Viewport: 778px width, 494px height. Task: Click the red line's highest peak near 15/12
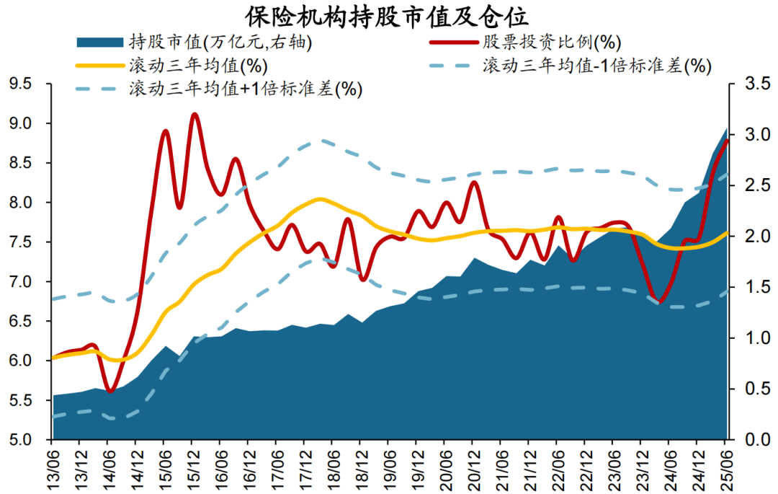coord(194,114)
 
